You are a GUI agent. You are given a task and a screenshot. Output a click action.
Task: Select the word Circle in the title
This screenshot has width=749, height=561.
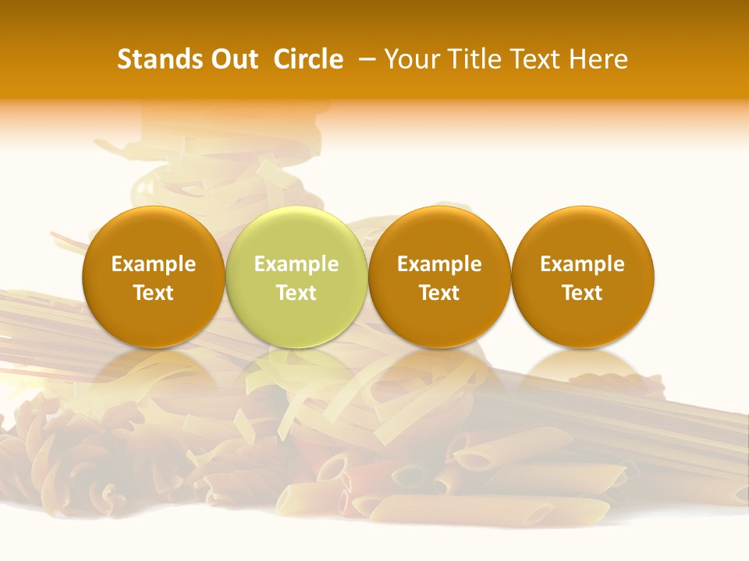coord(308,59)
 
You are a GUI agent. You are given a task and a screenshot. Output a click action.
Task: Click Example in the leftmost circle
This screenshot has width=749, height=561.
coord(154,264)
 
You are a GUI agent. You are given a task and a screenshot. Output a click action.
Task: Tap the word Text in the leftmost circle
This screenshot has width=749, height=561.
coord(154,293)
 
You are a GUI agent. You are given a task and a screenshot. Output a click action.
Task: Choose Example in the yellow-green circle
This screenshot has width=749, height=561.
coord(296,264)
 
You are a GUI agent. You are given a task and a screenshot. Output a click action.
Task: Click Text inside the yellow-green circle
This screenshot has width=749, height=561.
coord(296,293)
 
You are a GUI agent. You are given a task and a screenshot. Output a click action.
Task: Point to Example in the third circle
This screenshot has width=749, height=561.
coord(439,264)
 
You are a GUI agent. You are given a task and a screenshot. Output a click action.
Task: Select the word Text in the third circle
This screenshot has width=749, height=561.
coord(439,293)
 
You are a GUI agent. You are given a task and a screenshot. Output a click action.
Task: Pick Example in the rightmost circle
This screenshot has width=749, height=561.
coord(582,264)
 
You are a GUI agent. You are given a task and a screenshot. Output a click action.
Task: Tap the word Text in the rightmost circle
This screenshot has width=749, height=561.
coord(582,293)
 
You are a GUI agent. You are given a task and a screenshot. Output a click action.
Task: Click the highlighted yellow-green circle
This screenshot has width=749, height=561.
coord(296,319)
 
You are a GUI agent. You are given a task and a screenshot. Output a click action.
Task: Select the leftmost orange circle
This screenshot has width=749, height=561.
coord(154,319)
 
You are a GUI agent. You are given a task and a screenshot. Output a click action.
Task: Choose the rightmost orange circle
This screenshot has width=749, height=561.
coord(582,319)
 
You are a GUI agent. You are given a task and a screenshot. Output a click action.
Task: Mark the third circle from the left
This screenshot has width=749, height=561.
coord(439,319)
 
